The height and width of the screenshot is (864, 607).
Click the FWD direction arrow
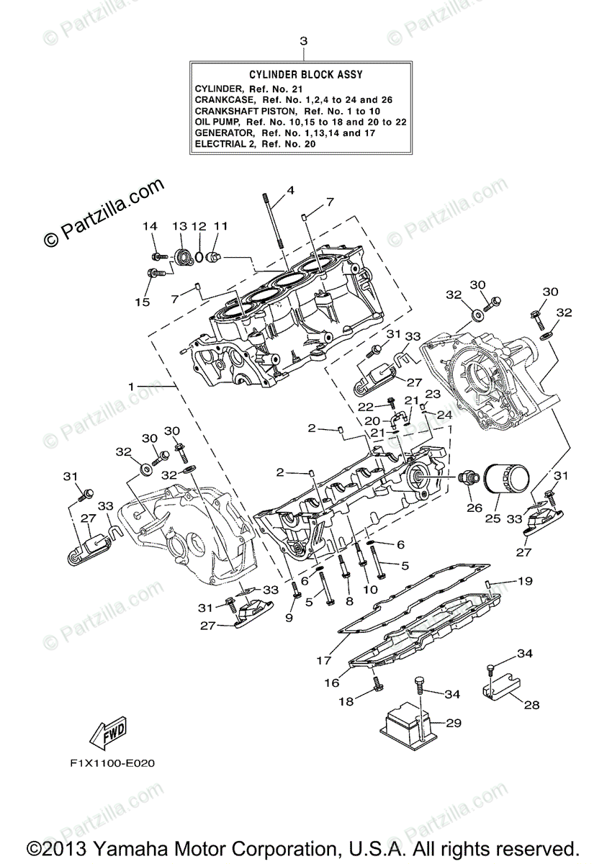107,732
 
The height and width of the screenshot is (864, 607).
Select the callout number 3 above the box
303,41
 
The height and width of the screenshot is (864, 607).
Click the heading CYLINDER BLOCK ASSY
305,74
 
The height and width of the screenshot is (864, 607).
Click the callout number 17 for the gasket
322,659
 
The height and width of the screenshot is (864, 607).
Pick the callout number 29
453,722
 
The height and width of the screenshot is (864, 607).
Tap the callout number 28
531,705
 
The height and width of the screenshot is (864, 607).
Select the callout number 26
473,507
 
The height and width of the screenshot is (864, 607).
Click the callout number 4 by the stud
291,190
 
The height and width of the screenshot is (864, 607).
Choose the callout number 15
143,302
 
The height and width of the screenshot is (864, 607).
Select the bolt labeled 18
375,680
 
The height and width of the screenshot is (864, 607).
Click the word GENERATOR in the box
224,133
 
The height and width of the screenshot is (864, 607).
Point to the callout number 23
431,394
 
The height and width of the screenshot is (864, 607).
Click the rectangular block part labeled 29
407,721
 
